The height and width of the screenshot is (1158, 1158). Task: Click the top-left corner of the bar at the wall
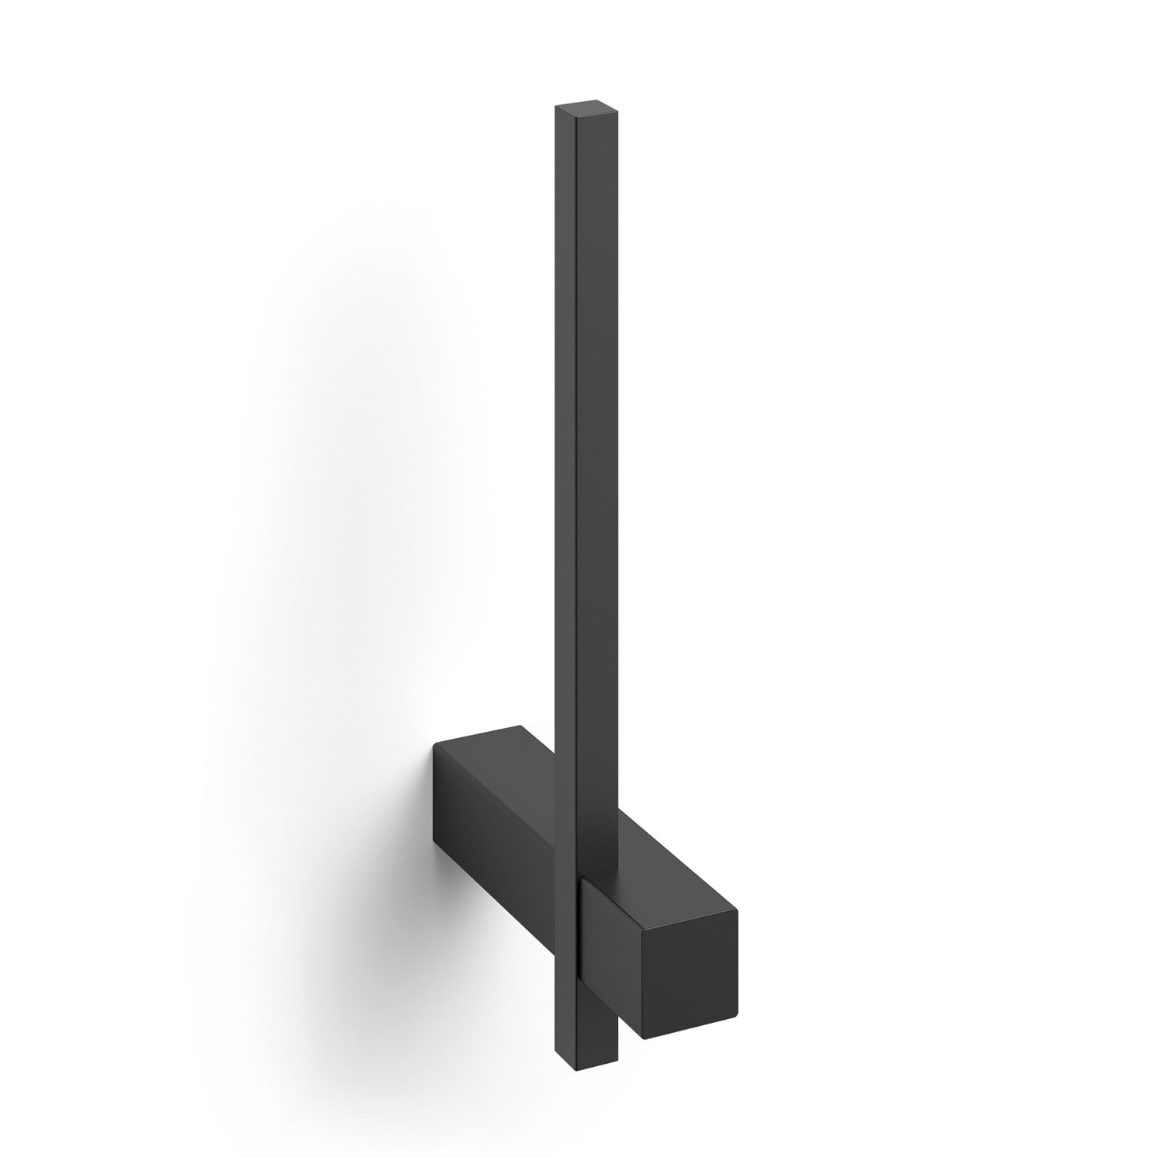pos(435,743)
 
